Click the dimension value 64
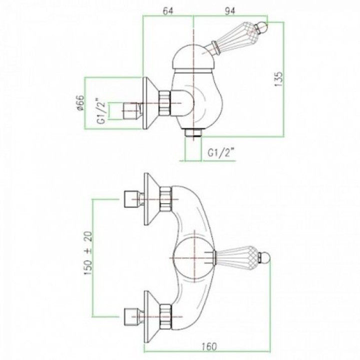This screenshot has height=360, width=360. point(168,11)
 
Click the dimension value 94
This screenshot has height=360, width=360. point(230,11)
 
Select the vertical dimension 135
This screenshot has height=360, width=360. point(278,79)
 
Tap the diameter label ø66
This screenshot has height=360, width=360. point(81,103)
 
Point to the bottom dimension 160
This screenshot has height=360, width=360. point(209,346)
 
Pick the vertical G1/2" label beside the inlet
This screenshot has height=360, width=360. point(101,111)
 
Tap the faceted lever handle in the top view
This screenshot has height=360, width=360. point(236,257)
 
